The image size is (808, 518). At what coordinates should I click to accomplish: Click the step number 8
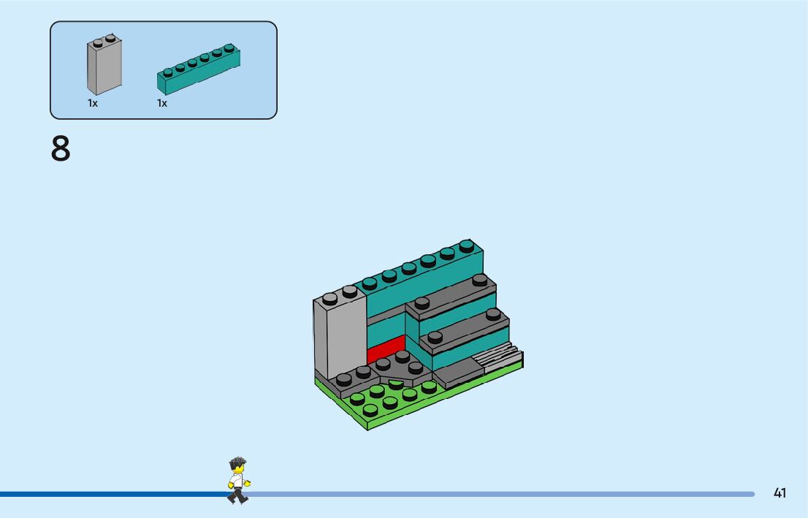click(x=61, y=149)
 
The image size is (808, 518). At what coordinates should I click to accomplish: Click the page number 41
click(x=780, y=493)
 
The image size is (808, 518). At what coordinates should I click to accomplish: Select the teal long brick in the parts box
click(x=199, y=70)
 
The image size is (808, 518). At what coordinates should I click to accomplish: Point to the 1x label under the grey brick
click(x=93, y=104)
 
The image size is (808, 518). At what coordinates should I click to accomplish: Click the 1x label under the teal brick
click(x=162, y=104)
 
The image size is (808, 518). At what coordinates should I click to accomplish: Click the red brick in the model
click(x=385, y=348)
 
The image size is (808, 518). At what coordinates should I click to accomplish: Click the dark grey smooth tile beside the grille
click(x=457, y=375)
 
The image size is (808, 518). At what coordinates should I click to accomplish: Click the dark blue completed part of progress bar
click(x=110, y=494)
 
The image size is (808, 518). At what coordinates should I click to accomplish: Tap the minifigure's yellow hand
click(x=248, y=482)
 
